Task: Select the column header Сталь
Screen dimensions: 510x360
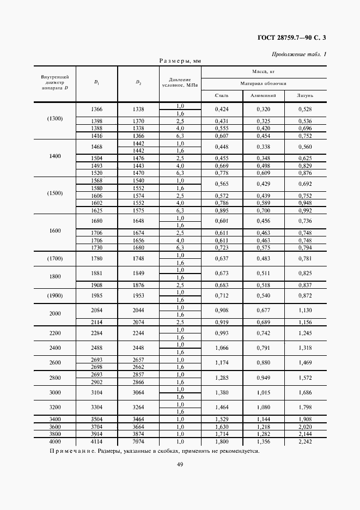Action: pos(222,95)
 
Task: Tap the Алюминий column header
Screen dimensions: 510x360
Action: pos(264,95)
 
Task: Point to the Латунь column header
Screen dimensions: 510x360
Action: pos(305,95)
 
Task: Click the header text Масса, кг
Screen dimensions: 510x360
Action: pos(263,71)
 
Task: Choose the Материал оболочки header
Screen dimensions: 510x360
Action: pos(263,83)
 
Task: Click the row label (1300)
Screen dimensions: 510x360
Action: pos(54,119)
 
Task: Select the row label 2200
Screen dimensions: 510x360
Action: pos(54,332)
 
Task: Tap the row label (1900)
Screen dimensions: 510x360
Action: pos(54,295)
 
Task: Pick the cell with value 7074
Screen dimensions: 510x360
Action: pos(138,442)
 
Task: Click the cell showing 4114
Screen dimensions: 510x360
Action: pos(96,442)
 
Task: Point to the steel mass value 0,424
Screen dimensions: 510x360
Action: pos(222,109)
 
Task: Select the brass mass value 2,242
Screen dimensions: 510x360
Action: pos(305,442)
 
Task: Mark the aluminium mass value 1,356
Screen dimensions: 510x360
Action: pos(264,442)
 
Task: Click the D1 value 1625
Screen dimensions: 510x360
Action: pos(96,210)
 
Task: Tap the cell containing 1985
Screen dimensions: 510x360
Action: pos(96,295)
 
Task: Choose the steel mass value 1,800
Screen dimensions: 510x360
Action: pos(222,442)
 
